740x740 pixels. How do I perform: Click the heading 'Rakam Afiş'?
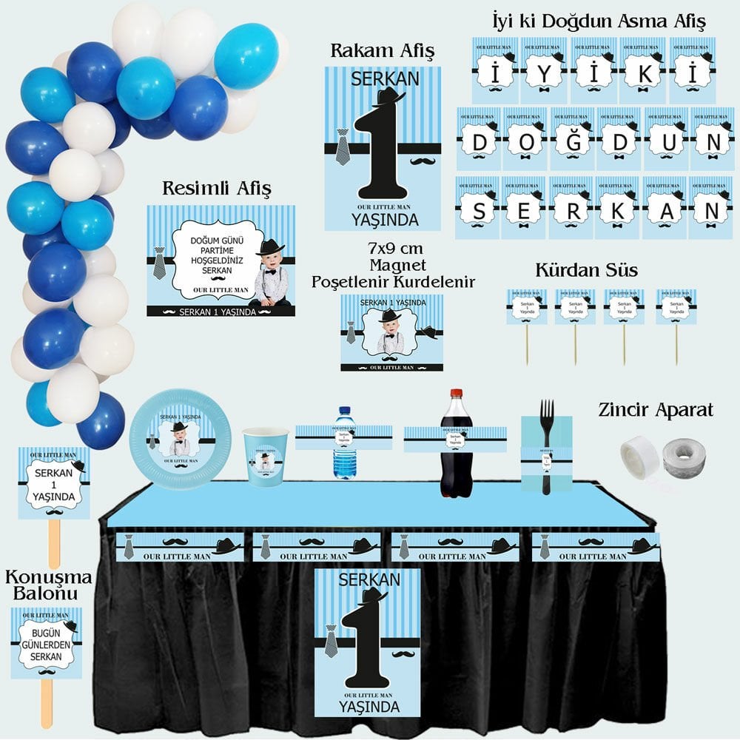tap(382, 51)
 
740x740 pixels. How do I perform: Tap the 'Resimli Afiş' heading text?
tap(217, 188)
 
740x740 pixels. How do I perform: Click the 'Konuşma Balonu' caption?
tap(48, 585)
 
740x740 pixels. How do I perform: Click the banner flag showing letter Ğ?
tap(572, 140)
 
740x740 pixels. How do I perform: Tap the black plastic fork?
tap(547, 444)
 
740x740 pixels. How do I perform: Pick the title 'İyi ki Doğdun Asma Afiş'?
tap(598, 21)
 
